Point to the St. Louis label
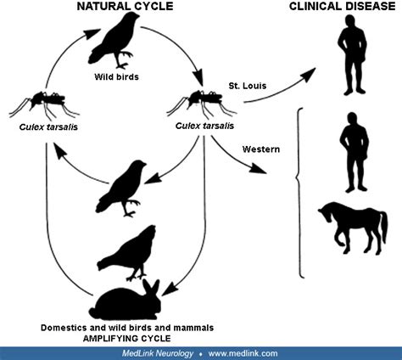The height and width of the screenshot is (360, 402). [248, 87]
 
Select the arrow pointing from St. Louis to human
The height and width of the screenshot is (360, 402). [280, 84]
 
